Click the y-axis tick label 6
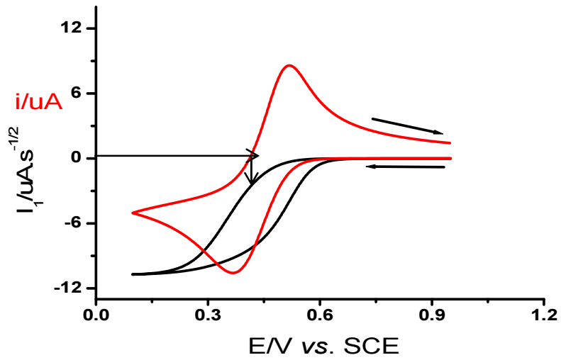pyautogui.click(x=76, y=94)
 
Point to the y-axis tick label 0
pyautogui.click(x=76, y=158)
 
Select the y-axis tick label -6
pyautogui.click(x=72, y=223)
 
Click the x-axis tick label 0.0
pyautogui.click(x=95, y=313)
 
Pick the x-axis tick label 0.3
pyautogui.click(x=207, y=313)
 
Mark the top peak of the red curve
pyautogui.click(x=289, y=65)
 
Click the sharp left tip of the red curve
pyautogui.click(x=133, y=213)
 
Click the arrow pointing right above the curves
pyautogui.click(x=407, y=125)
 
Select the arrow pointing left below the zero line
pyautogui.click(x=405, y=167)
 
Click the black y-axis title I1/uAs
pyautogui.click(x=32, y=176)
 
